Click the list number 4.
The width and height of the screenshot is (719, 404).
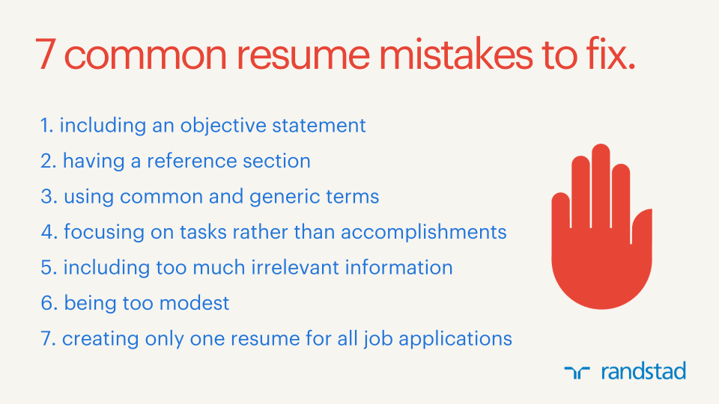[49, 232]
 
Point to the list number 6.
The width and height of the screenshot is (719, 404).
[49, 303]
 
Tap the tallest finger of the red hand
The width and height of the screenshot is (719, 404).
[601, 180]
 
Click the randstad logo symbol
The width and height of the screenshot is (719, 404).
[577, 371]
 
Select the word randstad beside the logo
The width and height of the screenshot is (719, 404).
[643, 370]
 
